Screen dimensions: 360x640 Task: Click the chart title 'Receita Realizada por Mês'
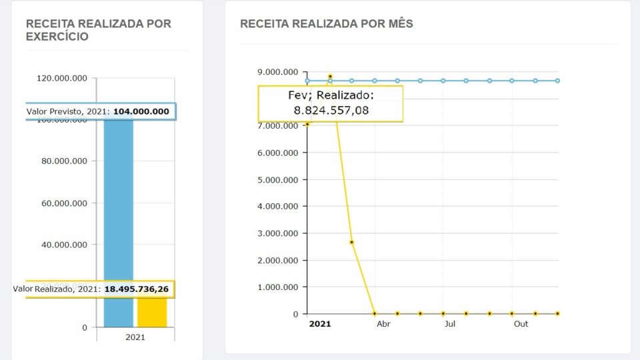click(x=326, y=24)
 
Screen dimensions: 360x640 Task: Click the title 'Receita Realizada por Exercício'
click(x=98, y=30)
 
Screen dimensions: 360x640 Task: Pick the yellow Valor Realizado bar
click(x=152, y=312)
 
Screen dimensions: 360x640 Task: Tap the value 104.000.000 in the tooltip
click(x=141, y=111)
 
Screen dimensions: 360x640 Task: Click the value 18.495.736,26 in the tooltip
click(x=137, y=289)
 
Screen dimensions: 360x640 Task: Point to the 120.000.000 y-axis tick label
click(x=62, y=78)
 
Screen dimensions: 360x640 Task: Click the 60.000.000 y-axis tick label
click(x=64, y=203)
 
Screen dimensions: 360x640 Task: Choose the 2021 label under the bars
click(x=135, y=337)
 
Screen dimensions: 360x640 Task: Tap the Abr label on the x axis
click(x=383, y=324)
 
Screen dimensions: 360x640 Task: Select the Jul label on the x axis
click(x=450, y=324)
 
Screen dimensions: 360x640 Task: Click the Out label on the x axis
click(x=521, y=324)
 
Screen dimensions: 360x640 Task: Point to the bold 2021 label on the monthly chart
click(x=320, y=324)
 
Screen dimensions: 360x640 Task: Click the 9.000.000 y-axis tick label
click(x=277, y=72)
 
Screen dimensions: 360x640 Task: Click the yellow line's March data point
click(x=352, y=242)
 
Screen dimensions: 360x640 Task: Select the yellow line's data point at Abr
click(x=375, y=313)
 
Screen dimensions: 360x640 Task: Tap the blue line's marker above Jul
click(x=443, y=81)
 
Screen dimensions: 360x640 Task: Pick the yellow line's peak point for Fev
click(x=330, y=77)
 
